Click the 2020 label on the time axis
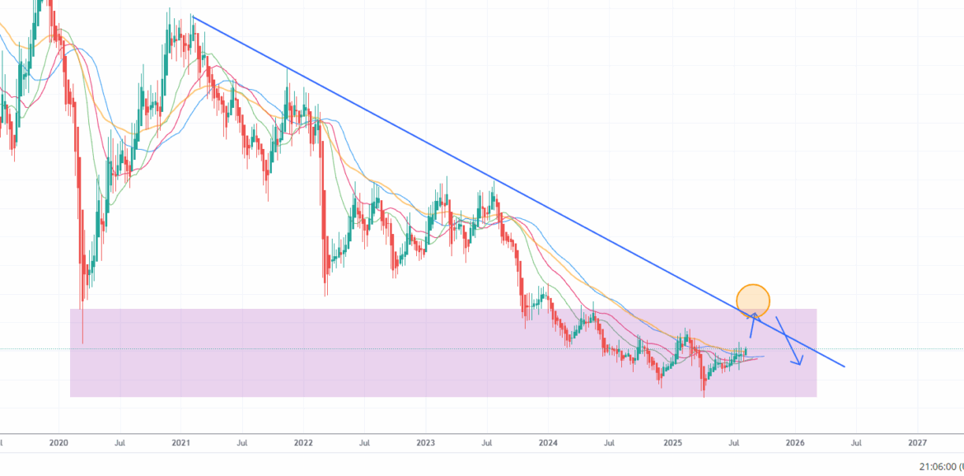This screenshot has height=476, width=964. (x=58, y=442)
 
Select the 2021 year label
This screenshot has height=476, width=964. (x=181, y=442)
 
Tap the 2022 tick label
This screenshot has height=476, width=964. (x=303, y=442)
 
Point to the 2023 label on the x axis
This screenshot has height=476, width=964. (x=426, y=442)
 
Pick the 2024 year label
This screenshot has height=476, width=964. (x=549, y=442)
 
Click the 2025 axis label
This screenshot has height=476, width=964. (x=672, y=442)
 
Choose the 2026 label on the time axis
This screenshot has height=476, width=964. (x=795, y=442)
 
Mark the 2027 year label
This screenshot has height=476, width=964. (x=917, y=442)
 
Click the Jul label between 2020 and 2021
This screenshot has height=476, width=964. (x=120, y=442)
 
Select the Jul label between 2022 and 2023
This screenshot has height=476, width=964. (x=364, y=442)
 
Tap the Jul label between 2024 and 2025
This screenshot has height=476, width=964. (x=611, y=442)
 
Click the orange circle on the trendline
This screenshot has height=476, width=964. (x=753, y=301)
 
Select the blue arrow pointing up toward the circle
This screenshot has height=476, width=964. (x=752, y=325)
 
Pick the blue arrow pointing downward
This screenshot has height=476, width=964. (x=789, y=342)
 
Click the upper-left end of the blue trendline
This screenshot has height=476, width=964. (x=191, y=16)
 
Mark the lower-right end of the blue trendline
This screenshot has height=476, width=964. (x=844, y=366)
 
